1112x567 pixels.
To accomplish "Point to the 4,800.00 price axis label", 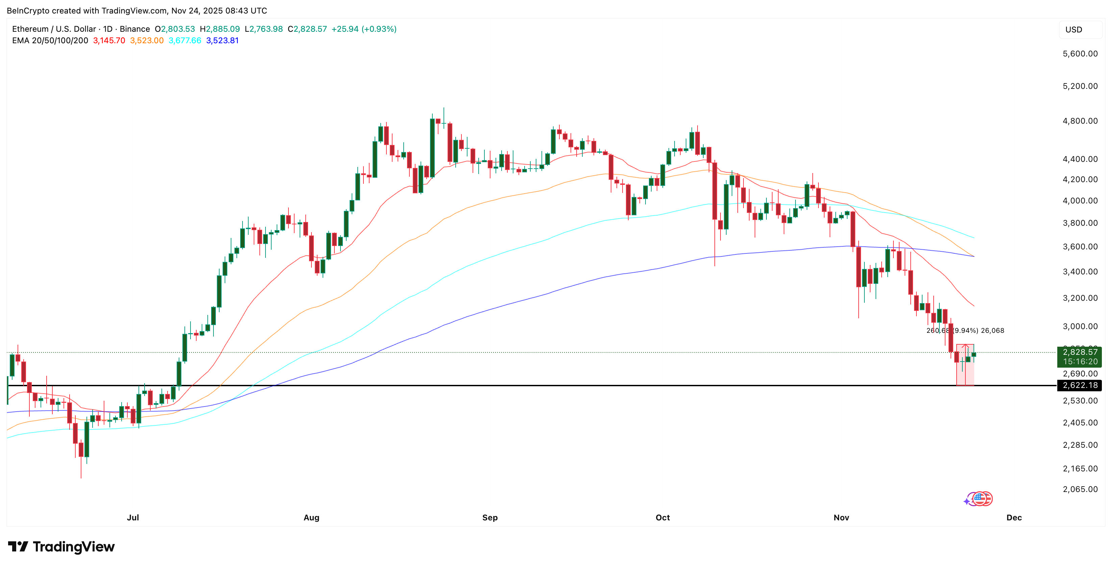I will click(x=1080, y=121).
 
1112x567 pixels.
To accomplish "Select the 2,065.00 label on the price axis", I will click(x=1080, y=489).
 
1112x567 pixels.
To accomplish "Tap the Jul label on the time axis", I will click(x=133, y=517).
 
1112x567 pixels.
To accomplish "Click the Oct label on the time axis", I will click(x=663, y=517).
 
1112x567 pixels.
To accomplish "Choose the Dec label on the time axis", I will click(x=1014, y=517).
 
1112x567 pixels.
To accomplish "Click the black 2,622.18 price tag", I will click(x=1080, y=385).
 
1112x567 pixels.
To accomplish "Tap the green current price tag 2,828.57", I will click(x=1080, y=352).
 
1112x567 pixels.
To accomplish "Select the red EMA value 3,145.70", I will click(x=109, y=41).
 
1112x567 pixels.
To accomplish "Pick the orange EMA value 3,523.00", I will click(x=147, y=41).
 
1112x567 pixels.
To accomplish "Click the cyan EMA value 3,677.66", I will click(x=185, y=41).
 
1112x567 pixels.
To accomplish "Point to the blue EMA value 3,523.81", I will click(x=222, y=41).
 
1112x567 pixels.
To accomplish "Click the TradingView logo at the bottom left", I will click(x=61, y=547).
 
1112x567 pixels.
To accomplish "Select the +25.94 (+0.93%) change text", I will click(x=364, y=29).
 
